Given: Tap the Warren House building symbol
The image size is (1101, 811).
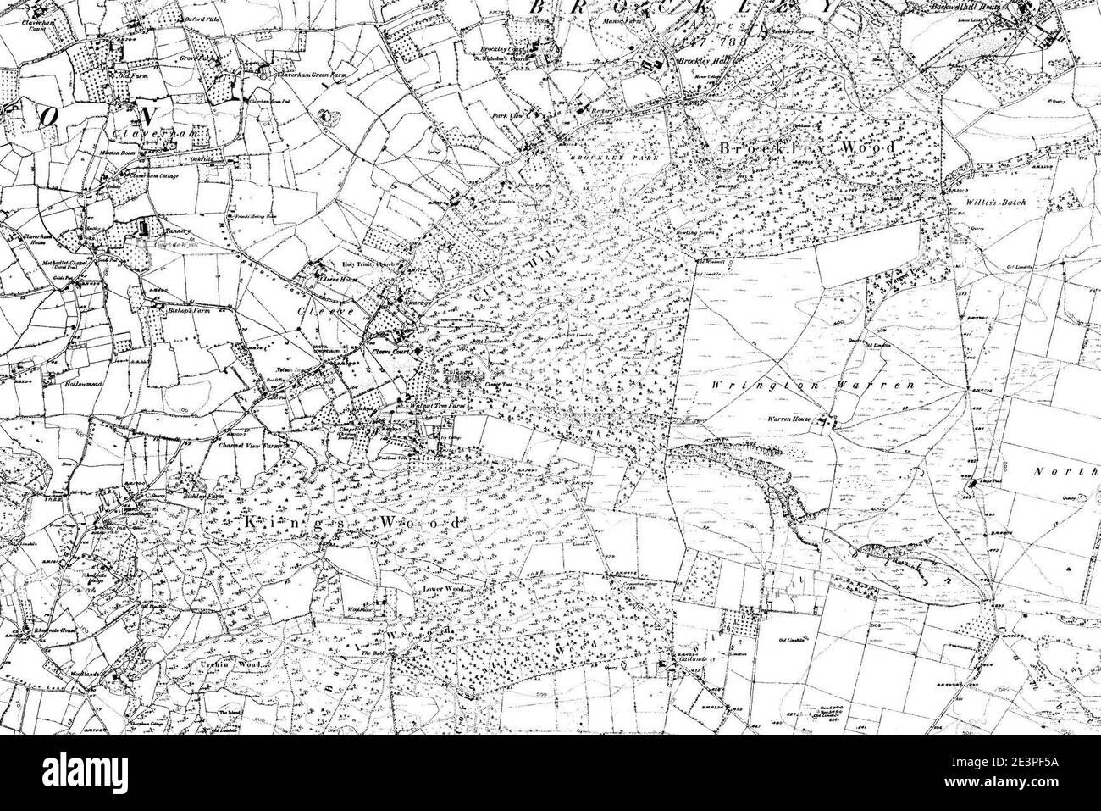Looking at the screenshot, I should pyautogui.click(x=833, y=421).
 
